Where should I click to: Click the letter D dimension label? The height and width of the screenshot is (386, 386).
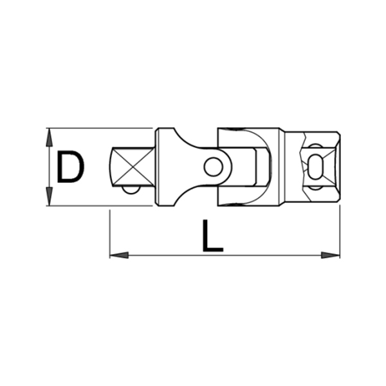click(71, 167)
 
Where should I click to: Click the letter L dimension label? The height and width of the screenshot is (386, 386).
click(213, 236)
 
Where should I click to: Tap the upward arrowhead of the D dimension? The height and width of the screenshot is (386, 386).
click(50, 137)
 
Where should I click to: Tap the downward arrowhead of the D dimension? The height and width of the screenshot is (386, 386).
click(50, 196)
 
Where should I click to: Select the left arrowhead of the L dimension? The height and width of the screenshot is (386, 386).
click(119, 255)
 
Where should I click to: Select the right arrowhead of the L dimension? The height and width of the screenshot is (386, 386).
click(331, 255)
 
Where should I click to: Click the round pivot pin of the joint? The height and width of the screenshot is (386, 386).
click(213, 167)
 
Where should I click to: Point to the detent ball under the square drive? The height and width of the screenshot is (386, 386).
click(131, 190)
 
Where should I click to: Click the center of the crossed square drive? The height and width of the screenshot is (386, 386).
click(133, 167)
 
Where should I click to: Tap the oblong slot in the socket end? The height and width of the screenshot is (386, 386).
click(316, 167)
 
